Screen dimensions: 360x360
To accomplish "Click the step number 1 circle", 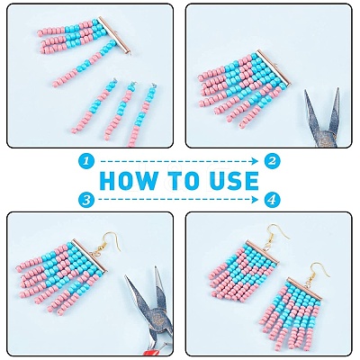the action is click(x=86, y=161).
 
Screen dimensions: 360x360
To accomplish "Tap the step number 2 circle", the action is click(x=273, y=161).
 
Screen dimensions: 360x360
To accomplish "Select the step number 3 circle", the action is click(x=86, y=199).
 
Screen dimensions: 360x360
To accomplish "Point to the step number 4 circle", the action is click(x=273, y=199).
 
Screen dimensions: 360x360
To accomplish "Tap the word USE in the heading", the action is click(x=233, y=180).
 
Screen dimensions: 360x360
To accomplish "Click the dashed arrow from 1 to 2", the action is click(x=179, y=161).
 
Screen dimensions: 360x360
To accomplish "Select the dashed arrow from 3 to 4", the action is click(x=179, y=199).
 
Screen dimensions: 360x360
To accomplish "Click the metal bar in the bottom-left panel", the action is click(x=89, y=256).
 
